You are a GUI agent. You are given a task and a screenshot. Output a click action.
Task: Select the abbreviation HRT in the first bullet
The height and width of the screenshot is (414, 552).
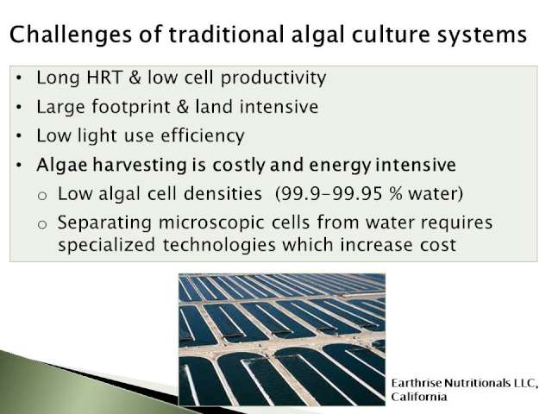[104, 78]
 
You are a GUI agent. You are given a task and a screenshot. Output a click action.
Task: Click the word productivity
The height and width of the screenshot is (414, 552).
[273, 78]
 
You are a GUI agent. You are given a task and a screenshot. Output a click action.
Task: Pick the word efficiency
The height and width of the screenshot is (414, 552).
[202, 136]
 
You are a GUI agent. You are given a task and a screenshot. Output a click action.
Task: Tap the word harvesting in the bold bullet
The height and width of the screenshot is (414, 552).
[140, 166]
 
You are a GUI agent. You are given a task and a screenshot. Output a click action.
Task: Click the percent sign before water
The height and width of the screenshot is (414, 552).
[395, 193]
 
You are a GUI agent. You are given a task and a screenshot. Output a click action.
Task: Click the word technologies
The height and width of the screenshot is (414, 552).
[219, 245]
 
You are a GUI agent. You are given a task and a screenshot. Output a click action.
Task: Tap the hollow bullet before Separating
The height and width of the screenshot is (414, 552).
[42, 224]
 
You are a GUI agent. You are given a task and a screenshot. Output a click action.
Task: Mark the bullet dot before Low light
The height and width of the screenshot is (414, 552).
[19, 135]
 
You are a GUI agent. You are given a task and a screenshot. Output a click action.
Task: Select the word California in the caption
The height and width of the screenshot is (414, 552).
[419, 397]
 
